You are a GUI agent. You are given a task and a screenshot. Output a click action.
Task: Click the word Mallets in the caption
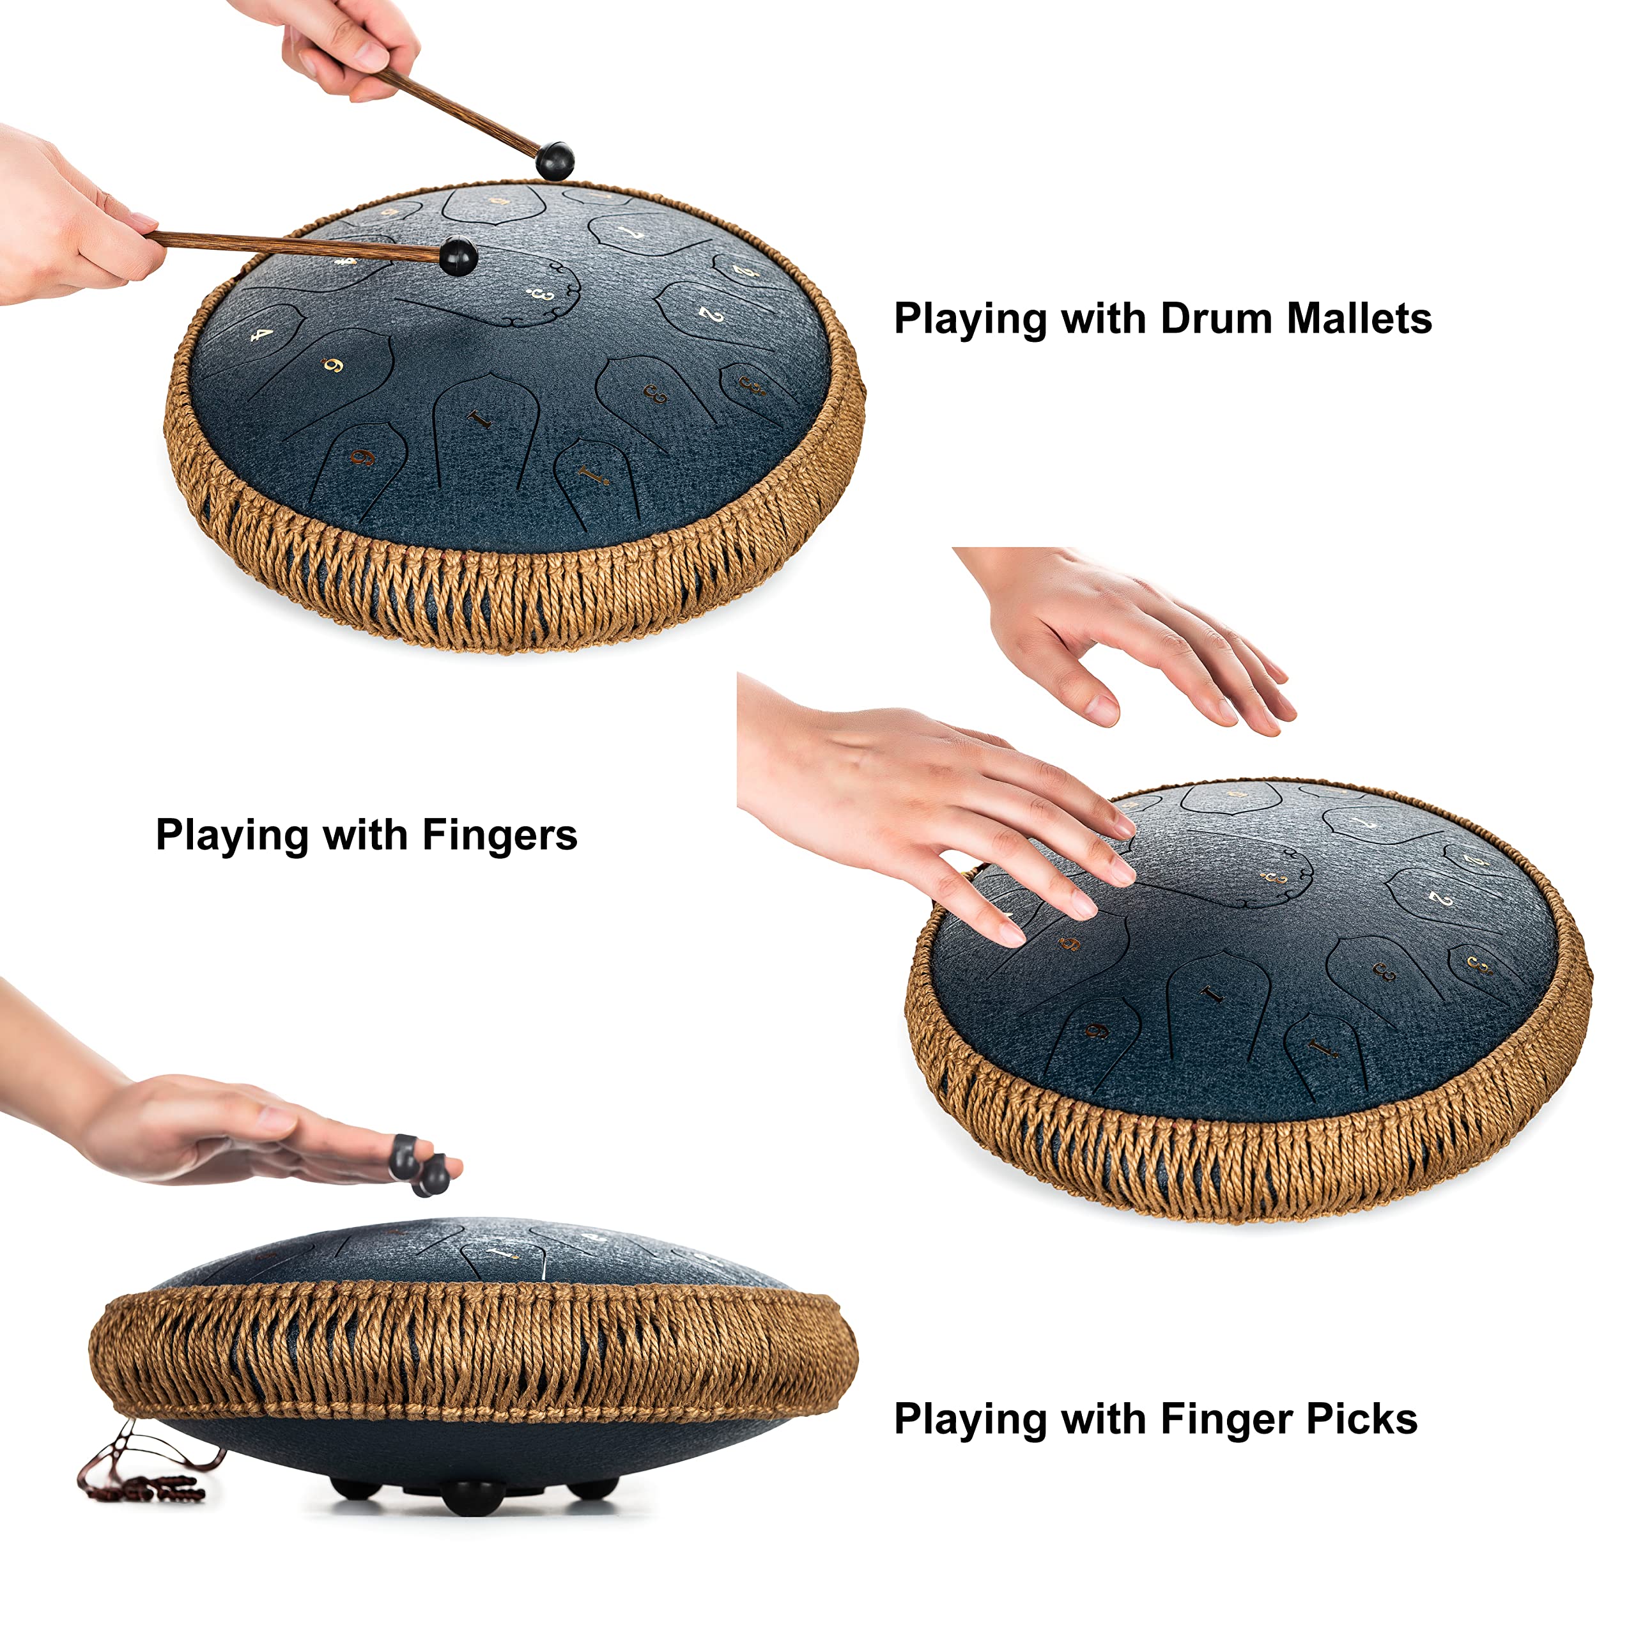[x=1358, y=320]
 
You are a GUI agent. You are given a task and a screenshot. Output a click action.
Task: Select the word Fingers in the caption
[x=500, y=836]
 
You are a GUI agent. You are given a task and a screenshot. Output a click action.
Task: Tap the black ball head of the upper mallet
[x=555, y=160]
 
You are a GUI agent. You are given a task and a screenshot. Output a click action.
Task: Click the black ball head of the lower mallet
[x=459, y=255]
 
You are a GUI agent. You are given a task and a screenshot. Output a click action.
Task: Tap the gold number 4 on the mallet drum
[x=263, y=336]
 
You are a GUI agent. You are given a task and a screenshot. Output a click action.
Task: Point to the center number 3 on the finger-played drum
[x=1273, y=878]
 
